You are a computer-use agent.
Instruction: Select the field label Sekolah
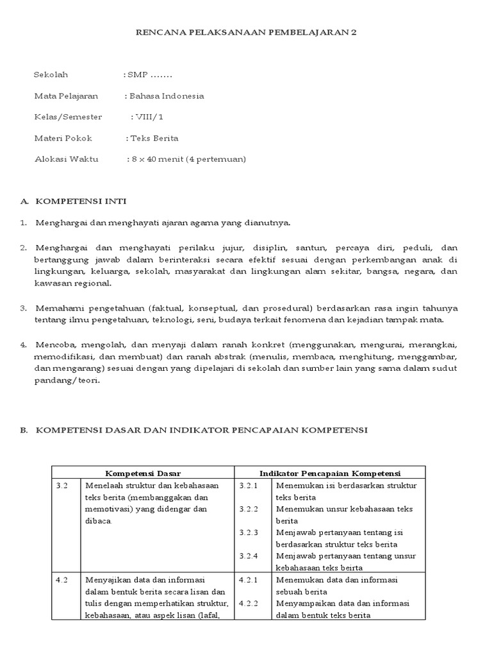click(x=51, y=75)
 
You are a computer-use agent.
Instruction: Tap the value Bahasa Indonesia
click(x=167, y=96)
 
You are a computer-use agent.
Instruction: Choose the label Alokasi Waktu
click(x=66, y=159)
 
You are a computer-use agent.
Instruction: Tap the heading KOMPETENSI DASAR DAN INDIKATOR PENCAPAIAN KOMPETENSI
click(x=201, y=431)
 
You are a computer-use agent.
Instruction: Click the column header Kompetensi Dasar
click(x=142, y=473)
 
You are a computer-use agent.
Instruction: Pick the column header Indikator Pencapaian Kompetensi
click(x=329, y=473)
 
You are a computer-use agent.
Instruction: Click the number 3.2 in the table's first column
click(x=61, y=486)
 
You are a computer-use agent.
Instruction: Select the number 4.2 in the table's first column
click(x=61, y=580)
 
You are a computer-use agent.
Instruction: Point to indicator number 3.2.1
click(x=248, y=486)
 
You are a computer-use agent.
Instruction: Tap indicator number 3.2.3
click(x=248, y=533)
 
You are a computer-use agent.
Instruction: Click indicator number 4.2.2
click(x=248, y=604)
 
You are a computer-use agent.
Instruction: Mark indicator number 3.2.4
click(x=248, y=556)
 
